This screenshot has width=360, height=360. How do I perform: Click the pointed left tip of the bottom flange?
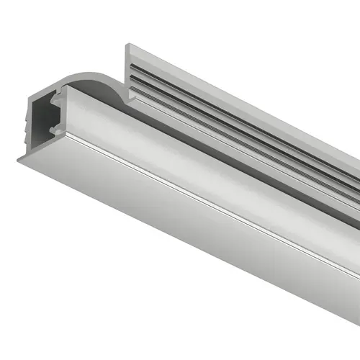[x=19, y=161]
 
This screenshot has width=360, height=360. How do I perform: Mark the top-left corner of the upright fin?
[x=128, y=45]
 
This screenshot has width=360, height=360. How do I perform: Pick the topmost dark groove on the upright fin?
[x=216, y=90]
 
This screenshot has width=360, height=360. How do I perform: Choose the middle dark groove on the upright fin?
[x=216, y=101]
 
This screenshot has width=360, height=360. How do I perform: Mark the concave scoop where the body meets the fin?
[x=108, y=83]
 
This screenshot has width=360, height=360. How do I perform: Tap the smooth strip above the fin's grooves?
[x=216, y=76]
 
